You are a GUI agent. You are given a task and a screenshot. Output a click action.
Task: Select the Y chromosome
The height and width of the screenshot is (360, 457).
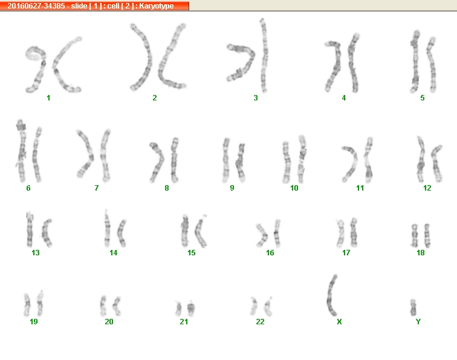[x=413, y=307]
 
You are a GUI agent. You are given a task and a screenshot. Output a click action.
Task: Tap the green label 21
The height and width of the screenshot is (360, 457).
[x=184, y=321]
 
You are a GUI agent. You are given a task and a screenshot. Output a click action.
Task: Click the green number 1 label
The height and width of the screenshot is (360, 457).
[x=48, y=98]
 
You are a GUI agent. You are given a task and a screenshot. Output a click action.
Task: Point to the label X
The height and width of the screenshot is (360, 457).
[x=339, y=321]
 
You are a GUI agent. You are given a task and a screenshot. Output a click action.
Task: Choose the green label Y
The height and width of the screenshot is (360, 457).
[x=418, y=321]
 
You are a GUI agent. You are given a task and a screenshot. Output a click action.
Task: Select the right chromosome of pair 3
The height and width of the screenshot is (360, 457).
[x=264, y=56]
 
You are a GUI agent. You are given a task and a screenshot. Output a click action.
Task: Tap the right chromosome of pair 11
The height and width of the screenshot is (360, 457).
[x=368, y=160]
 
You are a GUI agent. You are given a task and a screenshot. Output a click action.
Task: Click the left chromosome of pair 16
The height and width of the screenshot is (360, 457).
[x=262, y=235]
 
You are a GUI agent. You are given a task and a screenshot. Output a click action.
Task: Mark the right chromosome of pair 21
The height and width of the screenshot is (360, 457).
[x=191, y=309]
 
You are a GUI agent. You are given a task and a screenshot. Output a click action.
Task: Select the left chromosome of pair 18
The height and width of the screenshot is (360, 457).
[x=414, y=235]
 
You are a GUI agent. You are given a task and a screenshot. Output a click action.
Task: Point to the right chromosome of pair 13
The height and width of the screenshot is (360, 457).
[x=47, y=234]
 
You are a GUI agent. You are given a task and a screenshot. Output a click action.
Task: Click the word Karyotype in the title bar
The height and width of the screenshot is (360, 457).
[x=156, y=6]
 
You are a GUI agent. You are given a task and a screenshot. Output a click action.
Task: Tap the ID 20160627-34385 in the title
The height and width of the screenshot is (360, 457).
[x=36, y=6]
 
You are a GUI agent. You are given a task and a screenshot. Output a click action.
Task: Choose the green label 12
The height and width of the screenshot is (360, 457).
[x=427, y=188]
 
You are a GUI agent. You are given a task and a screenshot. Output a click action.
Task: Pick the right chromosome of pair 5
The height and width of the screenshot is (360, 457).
[x=432, y=64]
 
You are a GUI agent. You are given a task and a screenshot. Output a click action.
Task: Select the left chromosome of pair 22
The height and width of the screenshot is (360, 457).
[x=253, y=306]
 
